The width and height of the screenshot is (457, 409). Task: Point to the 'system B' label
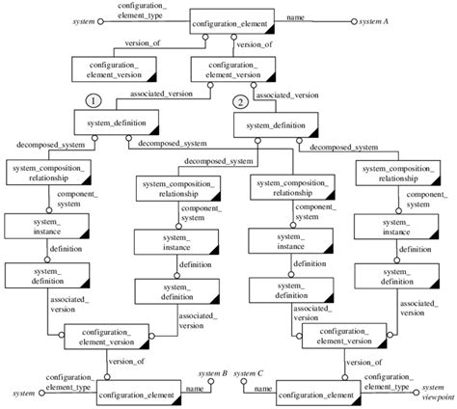tap(212, 373)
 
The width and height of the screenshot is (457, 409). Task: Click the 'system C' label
tap(249, 373)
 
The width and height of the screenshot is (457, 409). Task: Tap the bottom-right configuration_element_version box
tap(338, 338)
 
